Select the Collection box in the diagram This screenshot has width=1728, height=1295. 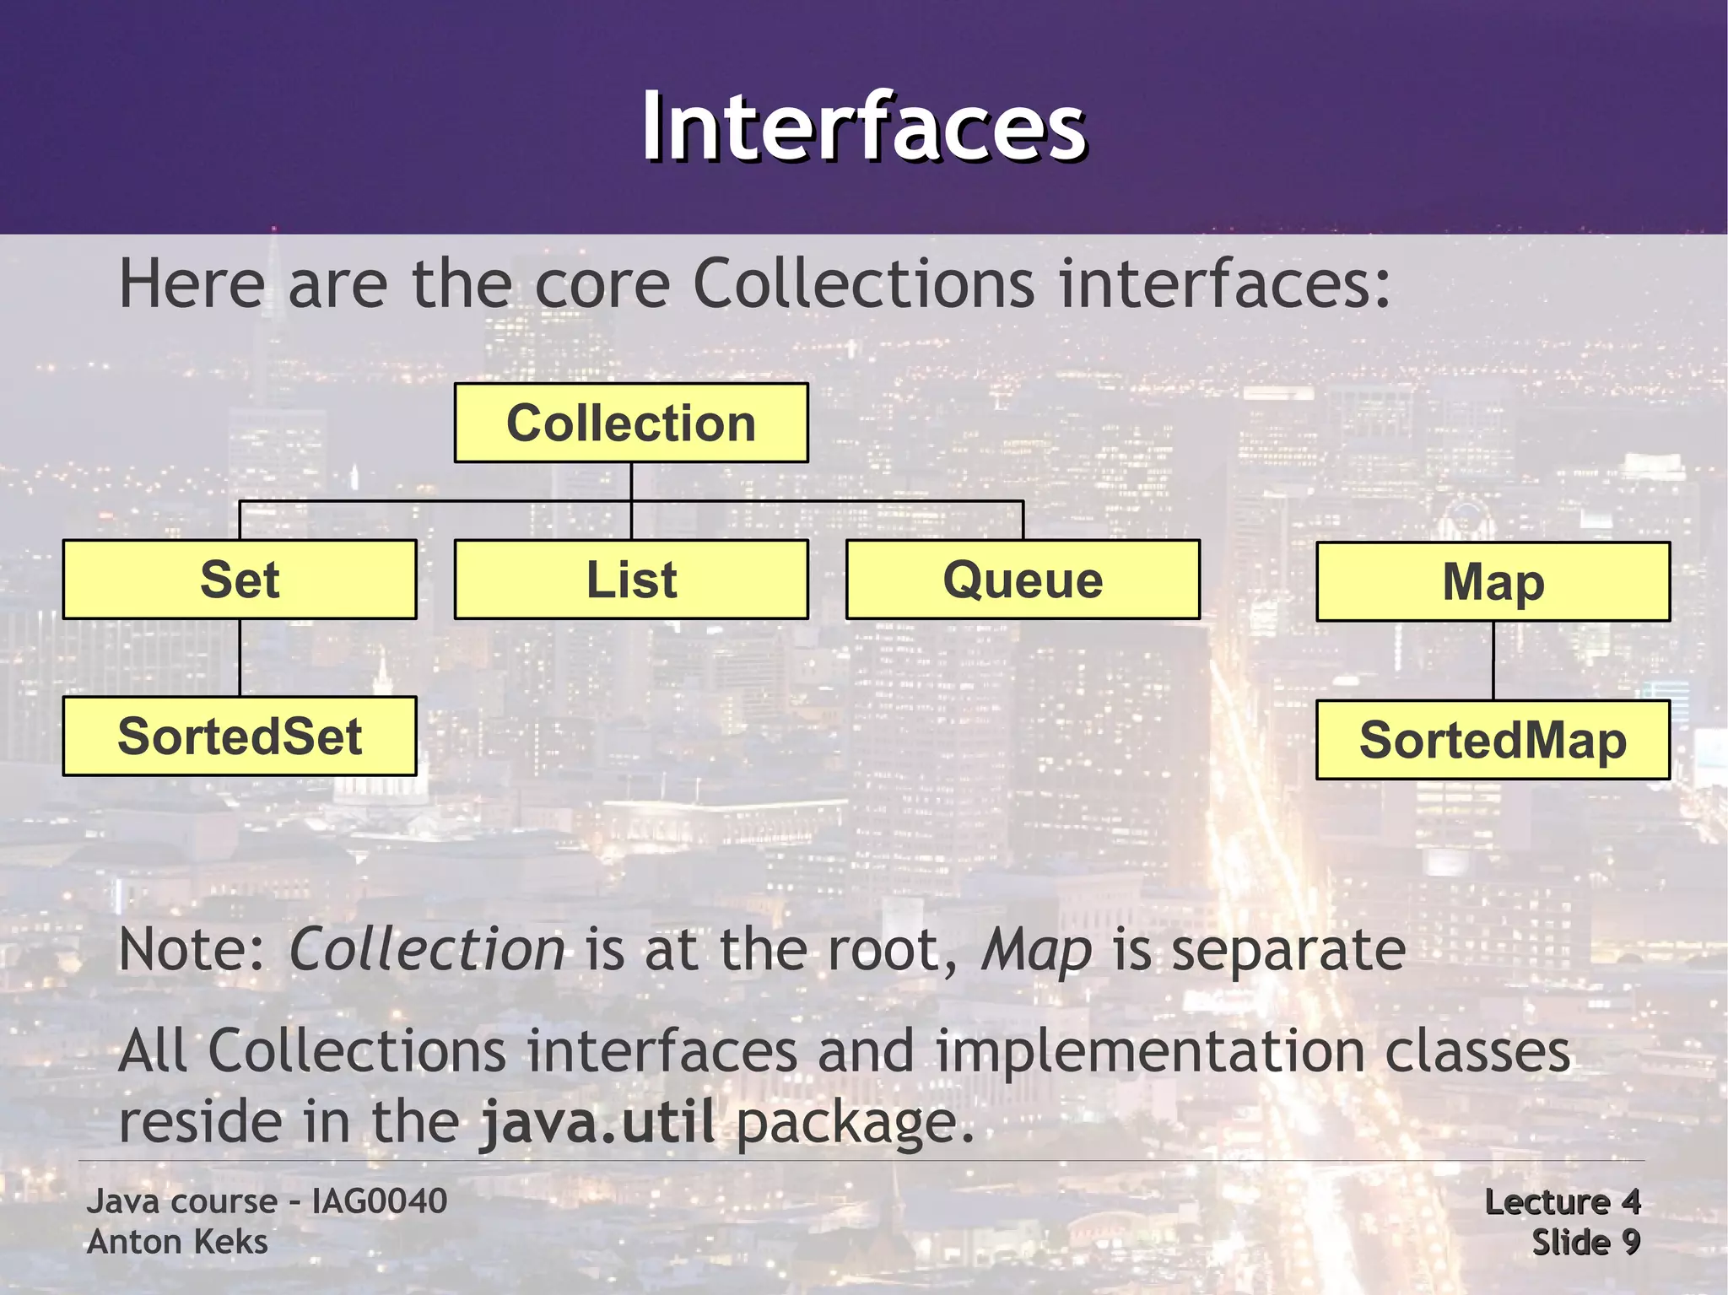(631, 423)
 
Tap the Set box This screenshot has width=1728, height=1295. (240, 580)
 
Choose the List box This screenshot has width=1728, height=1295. (631, 580)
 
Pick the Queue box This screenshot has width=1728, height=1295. (1023, 580)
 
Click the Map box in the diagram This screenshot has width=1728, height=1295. (1493, 582)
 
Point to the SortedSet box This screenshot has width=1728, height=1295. (240, 737)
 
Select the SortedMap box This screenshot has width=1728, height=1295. (1493, 740)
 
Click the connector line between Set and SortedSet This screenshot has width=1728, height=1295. (240, 658)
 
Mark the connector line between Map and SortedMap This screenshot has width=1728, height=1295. (1493, 661)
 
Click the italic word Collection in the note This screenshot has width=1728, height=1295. (427, 950)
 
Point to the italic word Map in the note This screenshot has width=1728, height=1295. (1036, 950)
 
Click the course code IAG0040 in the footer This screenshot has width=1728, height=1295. (379, 1201)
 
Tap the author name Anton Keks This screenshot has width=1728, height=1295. (177, 1242)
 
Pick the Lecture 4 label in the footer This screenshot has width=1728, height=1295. (1562, 1202)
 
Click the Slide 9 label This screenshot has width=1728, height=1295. (1585, 1242)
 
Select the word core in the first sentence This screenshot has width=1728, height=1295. (602, 284)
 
